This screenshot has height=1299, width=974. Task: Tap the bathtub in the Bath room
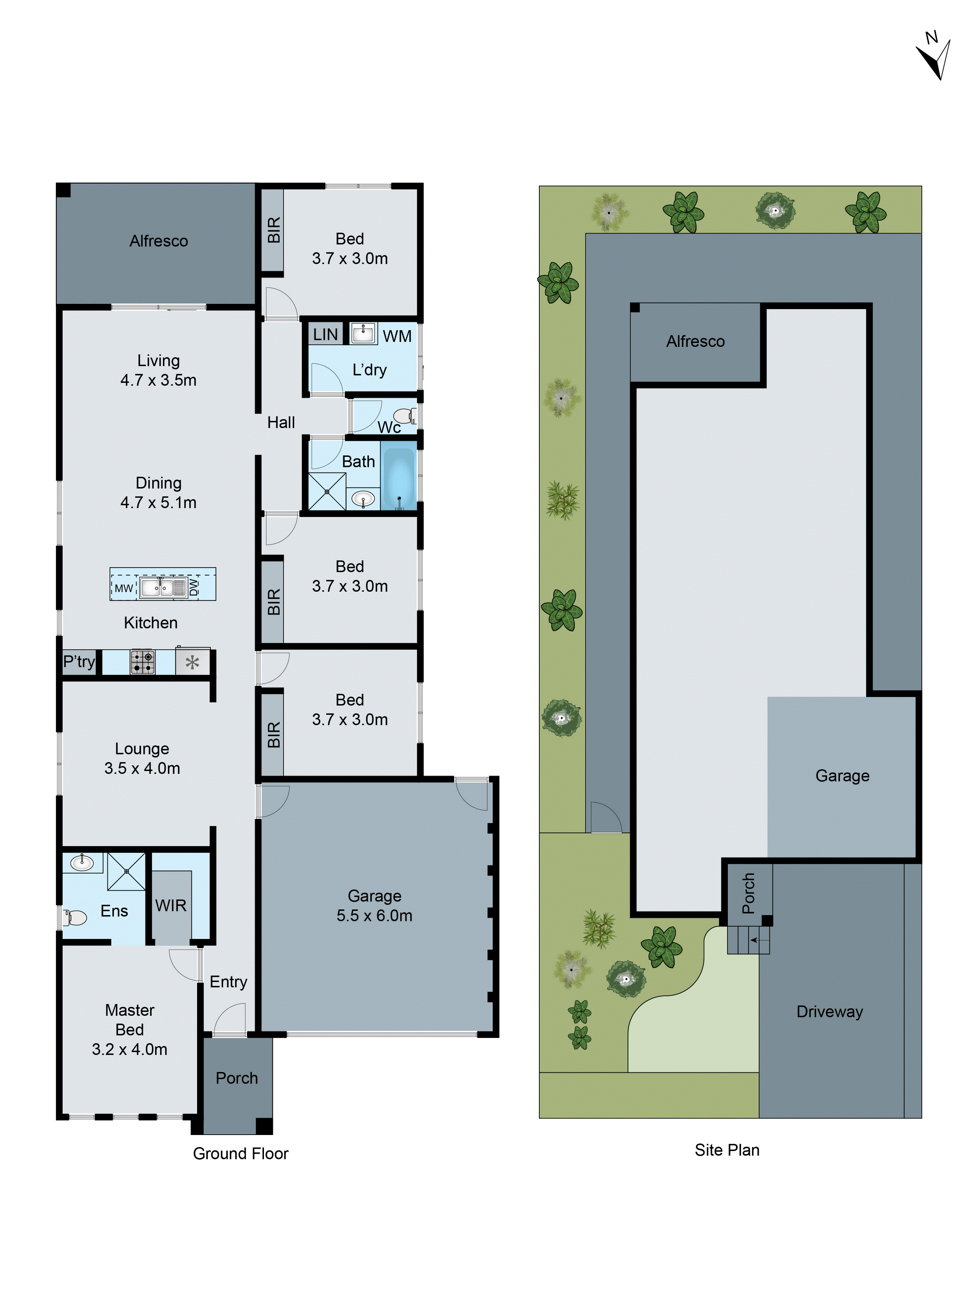click(399, 476)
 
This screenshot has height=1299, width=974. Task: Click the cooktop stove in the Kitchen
click(142, 662)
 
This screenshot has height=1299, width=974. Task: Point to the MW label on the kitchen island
click(123, 588)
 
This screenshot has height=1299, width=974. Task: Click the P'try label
click(79, 662)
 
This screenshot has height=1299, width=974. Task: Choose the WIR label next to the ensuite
click(171, 905)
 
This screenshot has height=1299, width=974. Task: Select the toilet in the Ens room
click(75, 917)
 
